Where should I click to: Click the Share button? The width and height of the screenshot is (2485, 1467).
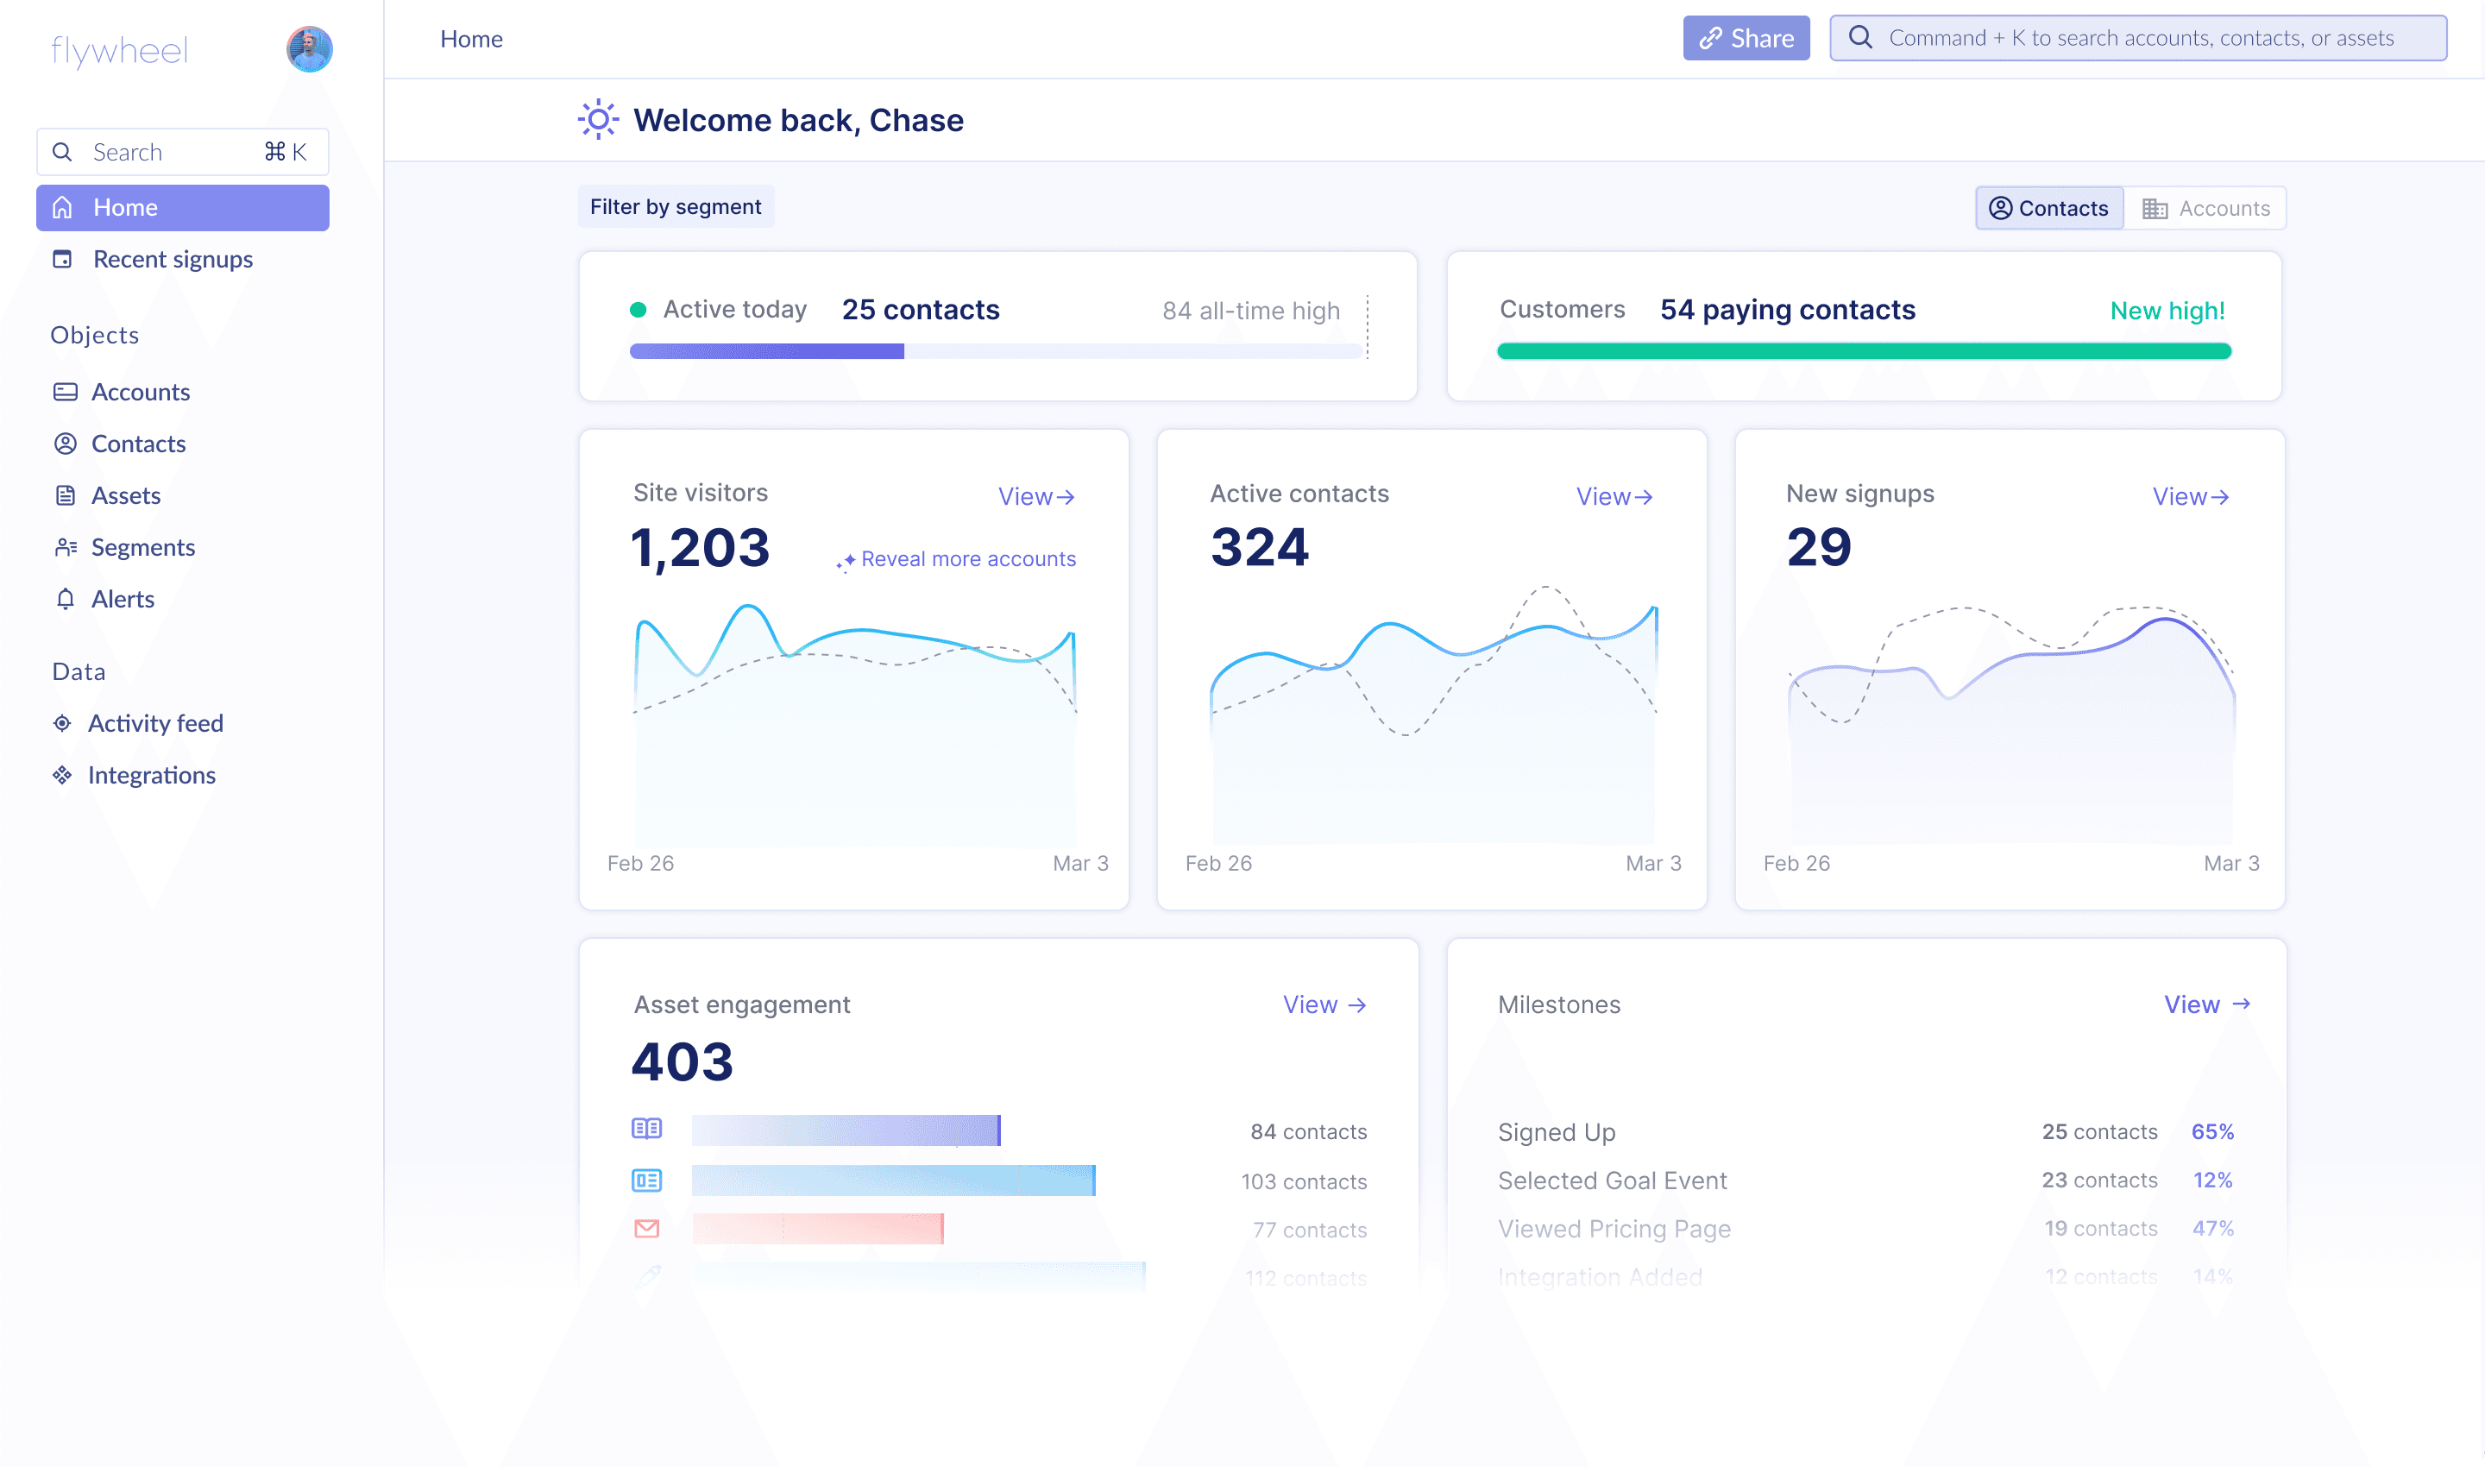click(x=1746, y=39)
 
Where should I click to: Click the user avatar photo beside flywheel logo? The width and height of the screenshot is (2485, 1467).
click(x=310, y=49)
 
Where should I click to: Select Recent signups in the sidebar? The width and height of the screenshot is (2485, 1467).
click(x=172, y=259)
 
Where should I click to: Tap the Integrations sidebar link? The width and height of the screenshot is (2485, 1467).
click(x=151, y=775)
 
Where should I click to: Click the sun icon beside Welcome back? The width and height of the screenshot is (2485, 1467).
click(x=598, y=120)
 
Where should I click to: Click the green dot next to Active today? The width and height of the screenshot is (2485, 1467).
click(x=639, y=310)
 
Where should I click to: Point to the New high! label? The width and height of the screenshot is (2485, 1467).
click(x=2167, y=311)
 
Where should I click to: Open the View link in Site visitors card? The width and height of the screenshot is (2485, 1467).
click(x=1035, y=496)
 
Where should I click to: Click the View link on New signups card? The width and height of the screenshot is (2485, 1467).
click(x=2189, y=496)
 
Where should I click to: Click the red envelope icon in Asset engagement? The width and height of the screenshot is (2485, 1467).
click(x=646, y=1228)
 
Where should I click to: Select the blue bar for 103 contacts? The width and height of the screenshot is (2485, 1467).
click(x=892, y=1181)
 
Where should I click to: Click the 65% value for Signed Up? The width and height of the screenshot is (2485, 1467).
click(x=2211, y=1131)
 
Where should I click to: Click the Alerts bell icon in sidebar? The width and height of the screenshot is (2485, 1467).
click(x=66, y=599)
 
